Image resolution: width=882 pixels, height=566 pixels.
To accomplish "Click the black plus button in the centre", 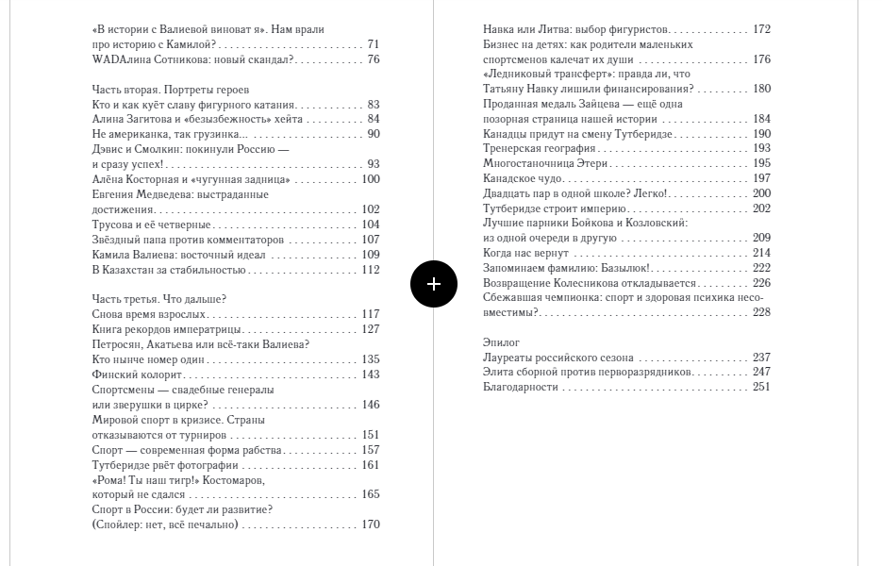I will tap(433, 283).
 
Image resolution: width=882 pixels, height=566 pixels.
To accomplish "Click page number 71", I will tap(374, 44).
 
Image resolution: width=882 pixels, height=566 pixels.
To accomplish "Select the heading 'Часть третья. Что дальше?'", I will tap(158, 299).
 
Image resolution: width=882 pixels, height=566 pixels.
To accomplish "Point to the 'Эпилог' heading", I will tap(501, 342).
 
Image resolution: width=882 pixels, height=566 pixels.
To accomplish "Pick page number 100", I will tap(371, 179).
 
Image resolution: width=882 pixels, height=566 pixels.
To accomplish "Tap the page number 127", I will tap(371, 329).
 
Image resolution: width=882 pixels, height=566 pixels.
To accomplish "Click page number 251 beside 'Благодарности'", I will tap(761, 387).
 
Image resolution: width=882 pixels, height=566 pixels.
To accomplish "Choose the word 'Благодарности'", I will tap(521, 387).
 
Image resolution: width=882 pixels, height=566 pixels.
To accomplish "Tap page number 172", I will tap(761, 29).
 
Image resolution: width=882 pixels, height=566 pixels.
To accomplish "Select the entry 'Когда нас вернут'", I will tap(525, 253).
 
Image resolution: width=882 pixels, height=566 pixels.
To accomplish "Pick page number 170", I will tap(371, 524).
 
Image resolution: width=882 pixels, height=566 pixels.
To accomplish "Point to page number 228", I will tap(761, 312).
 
